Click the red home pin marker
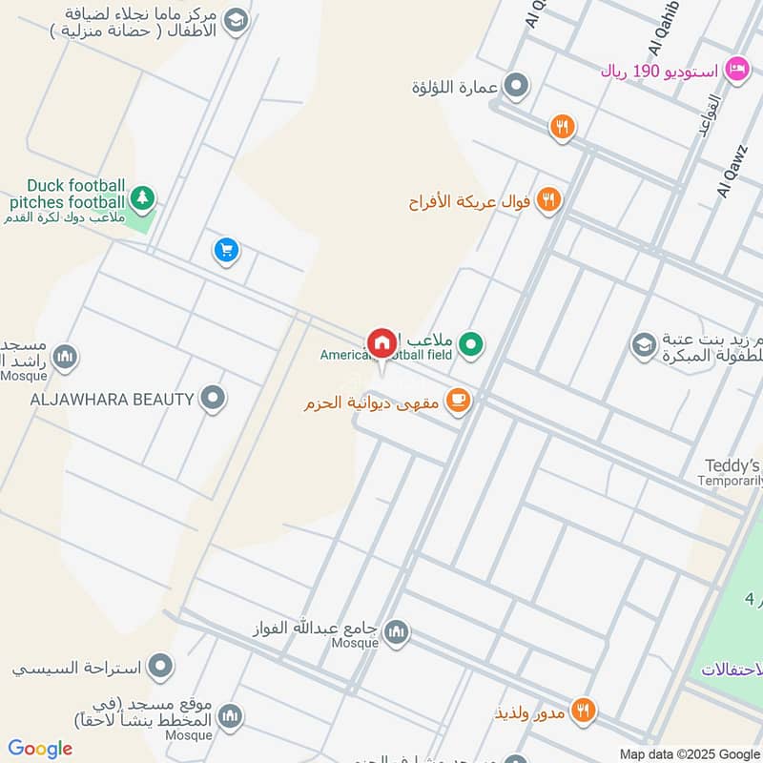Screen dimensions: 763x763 [381, 342]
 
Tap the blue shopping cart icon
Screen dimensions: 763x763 [226, 251]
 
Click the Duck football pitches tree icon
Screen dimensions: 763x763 [143, 197]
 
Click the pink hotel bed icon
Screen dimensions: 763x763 [735, 69]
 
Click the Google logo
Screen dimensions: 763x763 [40, 749]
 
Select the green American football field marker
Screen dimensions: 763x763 [470, 343]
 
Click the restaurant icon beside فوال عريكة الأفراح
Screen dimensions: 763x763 [548, 199]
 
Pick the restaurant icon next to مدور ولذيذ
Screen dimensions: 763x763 [584, 711]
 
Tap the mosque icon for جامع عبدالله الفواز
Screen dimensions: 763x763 [397, 631]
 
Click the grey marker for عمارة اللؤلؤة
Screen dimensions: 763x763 [516, 87]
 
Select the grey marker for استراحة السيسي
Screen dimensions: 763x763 [161, 665]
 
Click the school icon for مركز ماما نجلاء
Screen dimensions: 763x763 [237, 19]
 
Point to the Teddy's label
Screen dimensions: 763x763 [732, 465]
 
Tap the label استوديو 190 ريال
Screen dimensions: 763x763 [658, 71]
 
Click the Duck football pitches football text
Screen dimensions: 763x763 [67, 194]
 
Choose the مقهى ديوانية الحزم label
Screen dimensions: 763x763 [371, 403]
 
